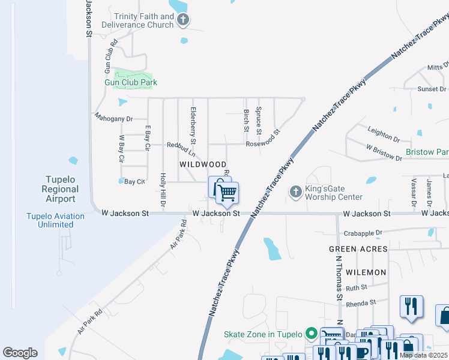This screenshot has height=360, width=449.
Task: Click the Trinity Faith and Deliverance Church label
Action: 144,20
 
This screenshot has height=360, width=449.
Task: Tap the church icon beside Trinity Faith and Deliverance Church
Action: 184,20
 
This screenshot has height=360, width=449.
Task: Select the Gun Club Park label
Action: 131,82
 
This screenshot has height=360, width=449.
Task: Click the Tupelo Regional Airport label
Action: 60,189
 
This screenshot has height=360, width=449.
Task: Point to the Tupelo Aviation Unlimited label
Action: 49,221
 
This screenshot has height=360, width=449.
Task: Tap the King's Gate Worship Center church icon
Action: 295,192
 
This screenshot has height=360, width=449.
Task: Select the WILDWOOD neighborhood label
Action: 203,164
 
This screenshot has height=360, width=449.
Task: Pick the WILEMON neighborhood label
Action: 366,272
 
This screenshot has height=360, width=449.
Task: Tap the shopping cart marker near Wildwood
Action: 227,193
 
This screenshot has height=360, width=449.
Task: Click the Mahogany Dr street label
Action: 113,119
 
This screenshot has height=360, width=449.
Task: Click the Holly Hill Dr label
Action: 163,191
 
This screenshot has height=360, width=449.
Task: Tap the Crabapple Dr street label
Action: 363,233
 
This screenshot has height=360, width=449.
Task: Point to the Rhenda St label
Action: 360,302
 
